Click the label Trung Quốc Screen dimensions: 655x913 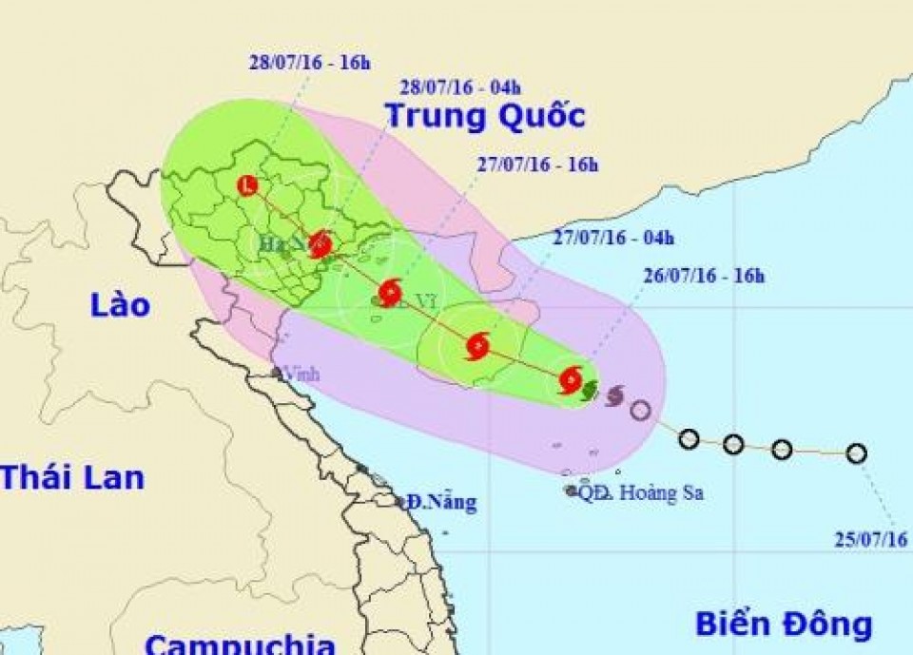[x=484, y=116]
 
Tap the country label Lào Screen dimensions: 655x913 [x=121, y=305]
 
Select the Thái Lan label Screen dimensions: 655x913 [x=72, y=476]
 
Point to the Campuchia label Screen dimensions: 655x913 [x=240, y=645]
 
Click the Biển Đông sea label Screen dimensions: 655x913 [x=783, y=625]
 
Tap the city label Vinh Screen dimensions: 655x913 [x=302, y=375]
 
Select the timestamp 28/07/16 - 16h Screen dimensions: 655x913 [x=304, y=63]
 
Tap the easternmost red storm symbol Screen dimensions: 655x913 [x=570, y=380]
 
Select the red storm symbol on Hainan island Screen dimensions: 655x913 [x=476, y=346]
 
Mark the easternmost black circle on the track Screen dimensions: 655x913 [x=856, y=453]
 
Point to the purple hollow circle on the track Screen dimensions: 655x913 [x=640, y=410]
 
